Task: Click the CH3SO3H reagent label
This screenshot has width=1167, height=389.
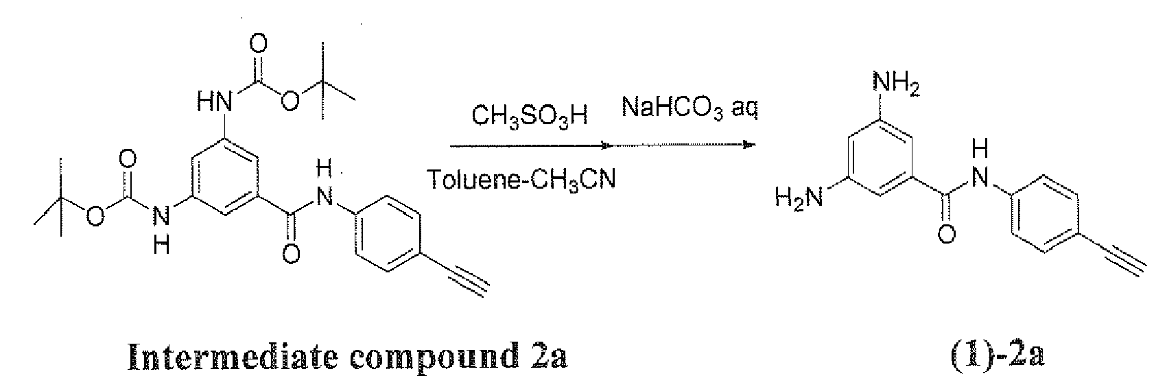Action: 530,117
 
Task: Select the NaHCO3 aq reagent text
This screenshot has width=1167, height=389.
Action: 689,108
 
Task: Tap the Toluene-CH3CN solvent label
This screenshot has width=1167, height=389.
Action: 521,180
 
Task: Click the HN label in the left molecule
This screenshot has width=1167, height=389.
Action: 212,104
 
